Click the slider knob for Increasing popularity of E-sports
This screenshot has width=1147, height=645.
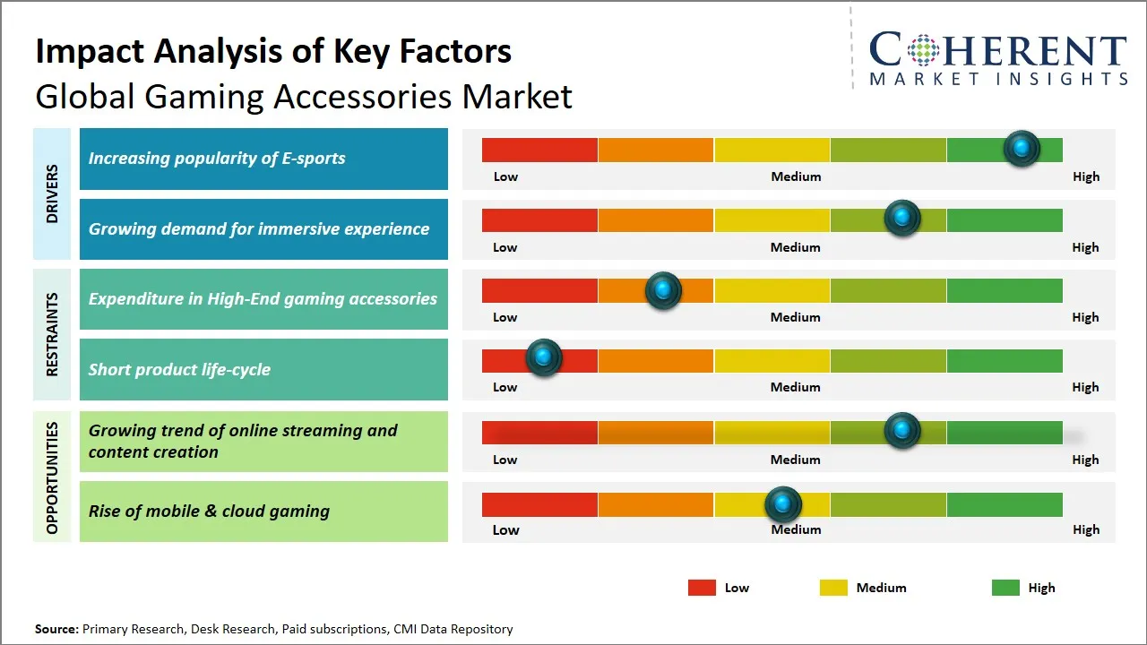tap(1022, 149)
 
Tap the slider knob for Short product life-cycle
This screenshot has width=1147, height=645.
tap(543, 357)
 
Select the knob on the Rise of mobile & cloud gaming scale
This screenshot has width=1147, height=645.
tap(783, 504)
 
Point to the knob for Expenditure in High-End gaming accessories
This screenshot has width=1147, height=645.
tap(663, 290)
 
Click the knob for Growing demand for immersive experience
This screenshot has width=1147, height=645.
tap(902, 218)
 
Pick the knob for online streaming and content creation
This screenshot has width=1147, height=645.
tap(902, 431)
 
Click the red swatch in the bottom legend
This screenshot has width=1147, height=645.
tap(702, 588)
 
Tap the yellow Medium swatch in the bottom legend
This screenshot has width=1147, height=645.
tap(833, 588)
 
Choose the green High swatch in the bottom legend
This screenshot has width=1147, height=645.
tap(1005, 588)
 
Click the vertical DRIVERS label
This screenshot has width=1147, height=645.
tap(52, 193)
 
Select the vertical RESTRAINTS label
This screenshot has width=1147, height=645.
tap(52, 334)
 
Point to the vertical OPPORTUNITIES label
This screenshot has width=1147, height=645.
tap(52, 477)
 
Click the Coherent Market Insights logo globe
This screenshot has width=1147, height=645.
tap(924, 50)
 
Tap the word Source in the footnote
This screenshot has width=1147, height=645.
tap(56, 629)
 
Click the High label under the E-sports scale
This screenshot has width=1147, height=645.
tap(1086, 176)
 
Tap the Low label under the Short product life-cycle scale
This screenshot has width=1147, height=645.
tap(505, 387)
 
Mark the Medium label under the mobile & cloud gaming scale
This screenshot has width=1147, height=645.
tap(796, 529)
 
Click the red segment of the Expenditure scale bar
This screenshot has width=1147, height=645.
tap(539, 290)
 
